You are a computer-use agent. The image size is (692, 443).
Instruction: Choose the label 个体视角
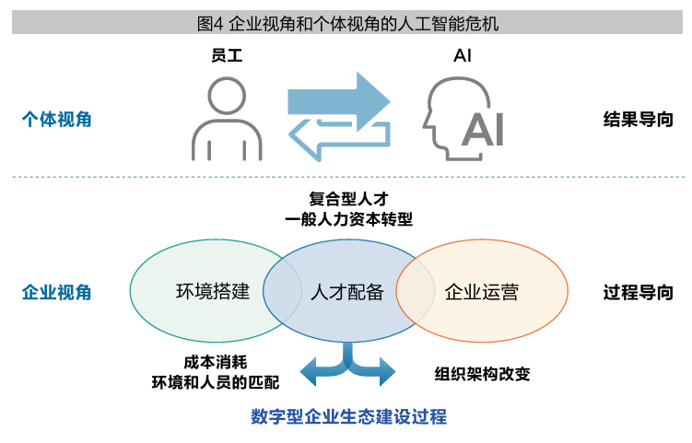click(56, 120)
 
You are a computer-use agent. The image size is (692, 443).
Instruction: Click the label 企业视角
click(56, 293)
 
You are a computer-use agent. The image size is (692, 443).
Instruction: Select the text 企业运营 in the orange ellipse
click(481, 293)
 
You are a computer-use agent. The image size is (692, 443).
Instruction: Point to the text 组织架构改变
click(483, 374)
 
